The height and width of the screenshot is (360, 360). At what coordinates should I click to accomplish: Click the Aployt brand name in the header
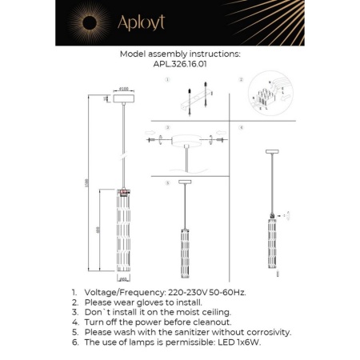click(x=142, y=23)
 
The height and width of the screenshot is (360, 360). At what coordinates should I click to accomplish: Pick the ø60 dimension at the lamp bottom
click(x=123, y=281)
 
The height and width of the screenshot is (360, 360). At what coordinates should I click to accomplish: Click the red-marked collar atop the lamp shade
click(x=124, y=191)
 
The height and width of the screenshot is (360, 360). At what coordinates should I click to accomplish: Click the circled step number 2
click(x=239, y=82)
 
